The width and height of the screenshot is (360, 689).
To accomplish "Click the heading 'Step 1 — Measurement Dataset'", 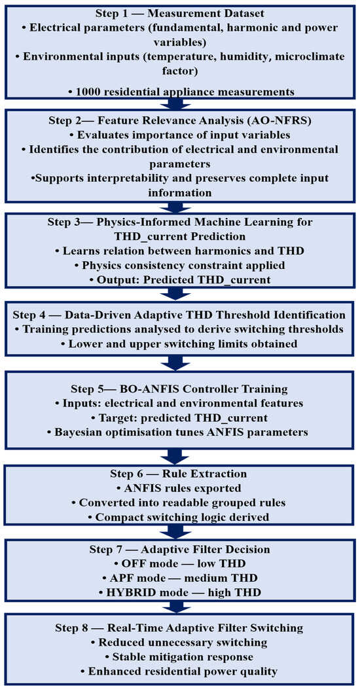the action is [179, 12].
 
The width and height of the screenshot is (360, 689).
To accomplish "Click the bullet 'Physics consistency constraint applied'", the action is [180, 265].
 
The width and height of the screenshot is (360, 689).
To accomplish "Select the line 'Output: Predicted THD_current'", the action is [179, 279].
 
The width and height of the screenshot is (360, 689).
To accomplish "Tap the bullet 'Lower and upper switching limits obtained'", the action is [179, 344].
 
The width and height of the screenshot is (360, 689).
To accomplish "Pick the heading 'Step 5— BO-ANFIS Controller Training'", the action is [179, 389].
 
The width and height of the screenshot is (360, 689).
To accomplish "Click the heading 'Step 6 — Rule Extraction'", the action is [179, 474].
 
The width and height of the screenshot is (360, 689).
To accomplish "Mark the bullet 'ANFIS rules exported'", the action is [179, 488].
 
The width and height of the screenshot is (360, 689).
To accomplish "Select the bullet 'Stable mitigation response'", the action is [179, 657].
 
